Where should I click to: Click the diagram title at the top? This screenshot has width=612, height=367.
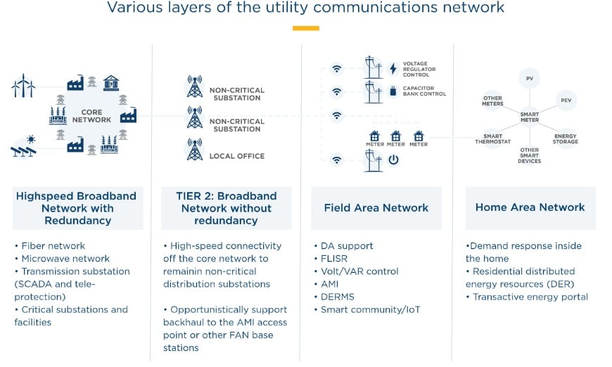pos(305,8)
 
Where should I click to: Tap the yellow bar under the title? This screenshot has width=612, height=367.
pos(305,29)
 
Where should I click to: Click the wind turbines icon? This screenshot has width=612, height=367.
pos(23,86)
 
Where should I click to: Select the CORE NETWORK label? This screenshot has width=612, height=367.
pos(91,116)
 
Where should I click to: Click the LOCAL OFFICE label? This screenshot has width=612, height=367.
pos(237,156)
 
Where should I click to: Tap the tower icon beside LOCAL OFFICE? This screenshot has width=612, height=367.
pos(194,149)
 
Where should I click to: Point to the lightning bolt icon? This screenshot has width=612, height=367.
pos(393,69)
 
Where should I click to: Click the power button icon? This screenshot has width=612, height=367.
pos(393,160)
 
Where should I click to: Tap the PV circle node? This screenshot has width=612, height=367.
pos(529,78)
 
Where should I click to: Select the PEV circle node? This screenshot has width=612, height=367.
pos(566,101)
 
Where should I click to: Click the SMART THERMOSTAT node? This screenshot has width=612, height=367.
pos(492,139)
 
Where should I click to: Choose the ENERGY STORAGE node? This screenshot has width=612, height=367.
pos(566,139)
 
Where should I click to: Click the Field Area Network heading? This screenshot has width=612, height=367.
pos(376,207)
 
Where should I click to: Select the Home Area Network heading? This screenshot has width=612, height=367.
pos(530,207)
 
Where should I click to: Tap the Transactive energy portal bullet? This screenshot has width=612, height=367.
pos(530,297)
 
